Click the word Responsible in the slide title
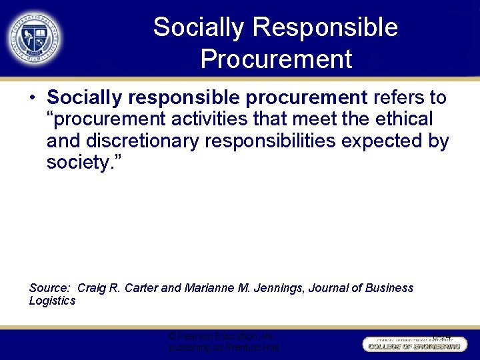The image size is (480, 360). click(326, 28)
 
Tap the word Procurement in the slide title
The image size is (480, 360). click(275, 59)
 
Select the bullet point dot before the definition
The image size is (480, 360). click(33, 99)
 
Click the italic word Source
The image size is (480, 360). click(49, 288)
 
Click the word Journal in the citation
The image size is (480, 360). click(332, 288)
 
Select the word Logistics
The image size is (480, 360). click(52, 301)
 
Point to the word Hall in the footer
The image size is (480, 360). click(269, 348)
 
